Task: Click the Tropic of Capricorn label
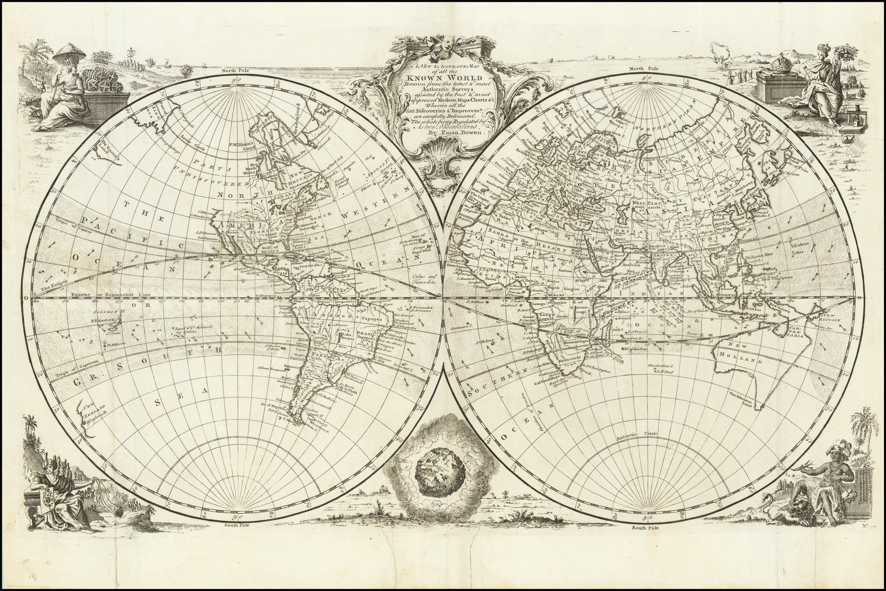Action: coord(79,361)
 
